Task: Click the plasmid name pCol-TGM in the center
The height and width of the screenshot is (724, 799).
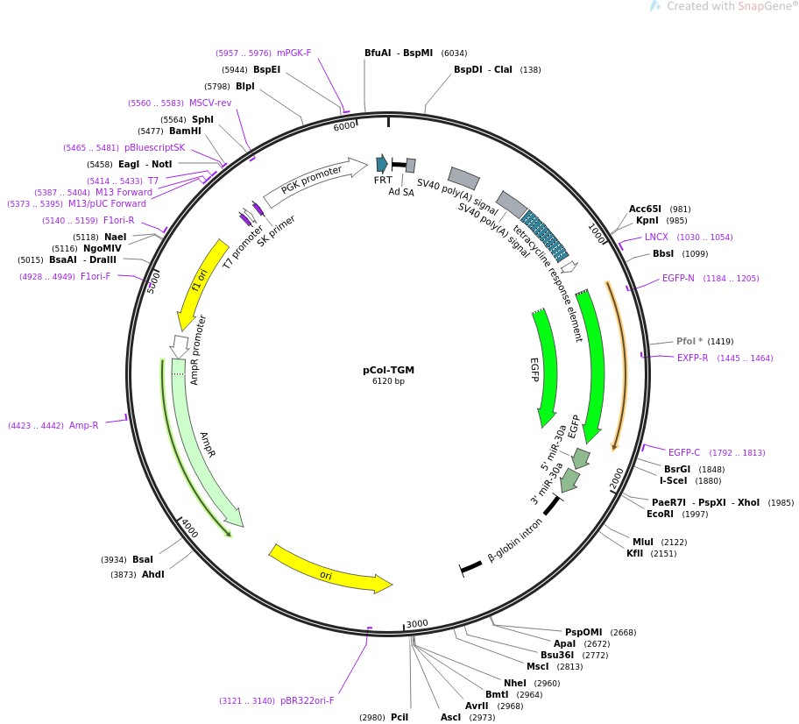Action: pyautogui.click(x=388, y=370)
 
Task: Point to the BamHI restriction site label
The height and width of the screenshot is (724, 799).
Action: pyautogui.click(x=185, y=131)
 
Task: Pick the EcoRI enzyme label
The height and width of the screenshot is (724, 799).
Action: pyautogui.click(x=660, y=514)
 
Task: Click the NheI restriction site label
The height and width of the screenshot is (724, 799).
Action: pyautogui.click(x=514, y=683)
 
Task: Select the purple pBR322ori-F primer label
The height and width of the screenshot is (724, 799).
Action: pyautogui.click(x=308, y=700)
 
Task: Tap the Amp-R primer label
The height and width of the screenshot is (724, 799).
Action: pyautogui.click(x=83, y=425)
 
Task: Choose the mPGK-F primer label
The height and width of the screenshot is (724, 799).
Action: pyautogui.click(x=294, y=53)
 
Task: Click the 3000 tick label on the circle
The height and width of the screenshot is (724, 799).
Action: pyautogui.click(x=417, y=623)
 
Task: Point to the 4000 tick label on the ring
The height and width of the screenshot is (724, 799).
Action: pyautogui.click(x=190, y=529)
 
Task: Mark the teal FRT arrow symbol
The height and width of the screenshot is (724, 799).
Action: pyautogui.click(x=382, y=164)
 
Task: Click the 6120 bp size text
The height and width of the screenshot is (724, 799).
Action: pyautogui.click(x=388, y=381)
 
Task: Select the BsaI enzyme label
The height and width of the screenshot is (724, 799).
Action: pyautogui.click(x=143, y=559)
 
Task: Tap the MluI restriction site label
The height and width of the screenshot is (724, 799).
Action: pyautogui.click(x=642, y=542)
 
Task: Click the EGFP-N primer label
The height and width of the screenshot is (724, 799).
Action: pyautogui.click(x=678, y=279)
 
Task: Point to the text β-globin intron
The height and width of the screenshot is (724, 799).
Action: pyautogui.click(x=515, y=540)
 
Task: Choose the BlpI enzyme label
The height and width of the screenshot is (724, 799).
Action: pyautogui.click(x=245, y=87)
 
